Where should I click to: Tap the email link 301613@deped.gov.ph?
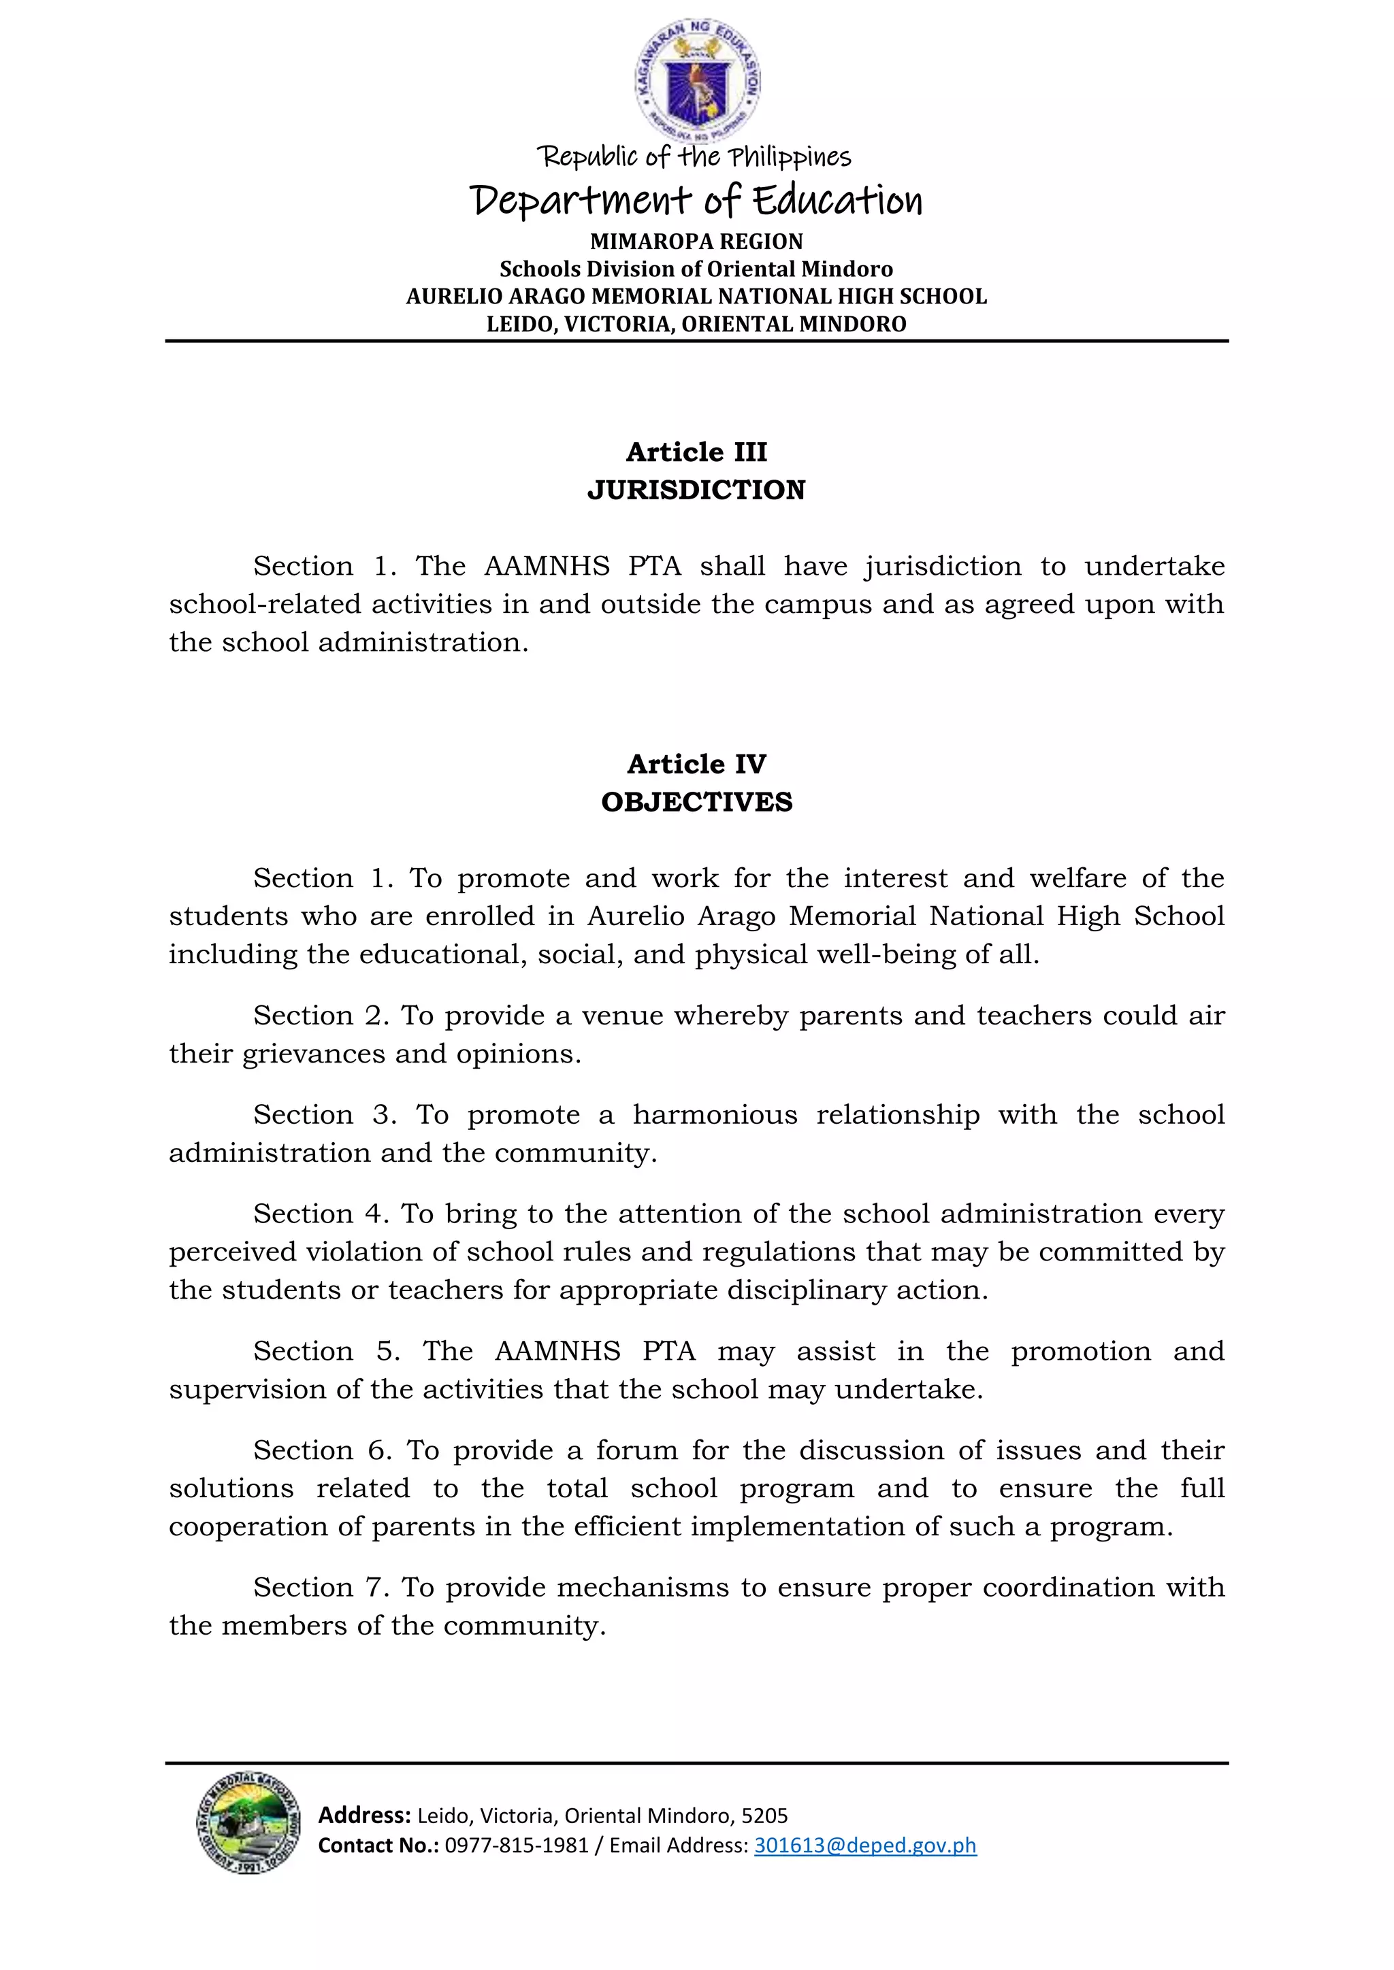[864, 1845]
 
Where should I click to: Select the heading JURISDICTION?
[696, 490]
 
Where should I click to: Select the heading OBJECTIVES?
[696, 802]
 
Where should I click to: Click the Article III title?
[696, 451]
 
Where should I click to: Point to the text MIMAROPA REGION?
[696, 241]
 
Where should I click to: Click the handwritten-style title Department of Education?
[696, 201]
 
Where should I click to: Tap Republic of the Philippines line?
[694, 157]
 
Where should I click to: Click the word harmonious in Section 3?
[714, 1114]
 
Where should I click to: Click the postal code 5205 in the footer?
[764, 1816]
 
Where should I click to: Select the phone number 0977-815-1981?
[516, 1845]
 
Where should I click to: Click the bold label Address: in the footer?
[364, 1815]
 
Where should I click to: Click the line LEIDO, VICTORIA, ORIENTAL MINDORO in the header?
[696, 324]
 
